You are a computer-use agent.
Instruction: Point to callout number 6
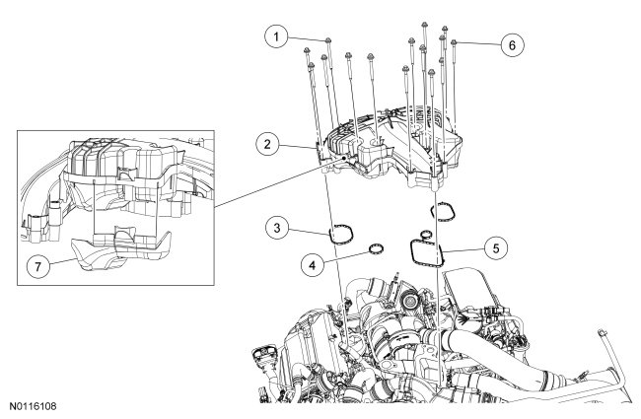(x=512, y=44)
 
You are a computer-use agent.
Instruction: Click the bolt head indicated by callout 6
(x=455, y=43)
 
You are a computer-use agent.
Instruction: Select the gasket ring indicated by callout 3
(x=342, y=234)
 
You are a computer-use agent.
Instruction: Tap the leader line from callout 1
(x=304, y=38)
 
